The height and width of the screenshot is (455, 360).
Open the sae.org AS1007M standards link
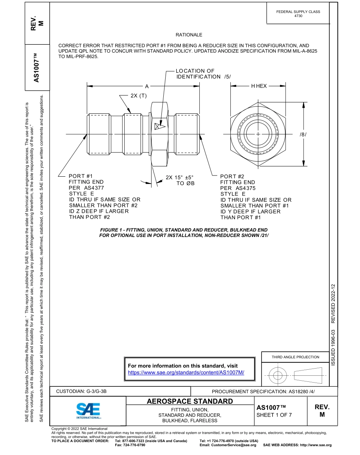coord(186,373)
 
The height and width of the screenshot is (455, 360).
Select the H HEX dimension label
coord(259,86)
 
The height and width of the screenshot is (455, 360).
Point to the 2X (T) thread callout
coord(138,96)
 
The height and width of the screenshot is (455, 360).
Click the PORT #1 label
coord(81,176)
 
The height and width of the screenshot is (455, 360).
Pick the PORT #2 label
coord(232,176)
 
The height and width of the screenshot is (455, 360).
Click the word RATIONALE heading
coord(189,35)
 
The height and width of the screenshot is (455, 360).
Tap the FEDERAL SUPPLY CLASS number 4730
coord(298,16)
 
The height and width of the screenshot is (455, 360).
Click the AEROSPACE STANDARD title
coord(190,401)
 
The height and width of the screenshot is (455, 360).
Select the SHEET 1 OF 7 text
coord(274,414)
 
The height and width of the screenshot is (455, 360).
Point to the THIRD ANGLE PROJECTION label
coord(295,357)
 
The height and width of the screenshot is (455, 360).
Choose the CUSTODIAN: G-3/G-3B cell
coord(84,391)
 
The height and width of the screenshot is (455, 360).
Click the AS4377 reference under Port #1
coord(94,188)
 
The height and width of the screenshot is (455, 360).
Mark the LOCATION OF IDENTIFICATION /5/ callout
coord(203,74)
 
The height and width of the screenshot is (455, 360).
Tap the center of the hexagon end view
coord(258,134)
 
